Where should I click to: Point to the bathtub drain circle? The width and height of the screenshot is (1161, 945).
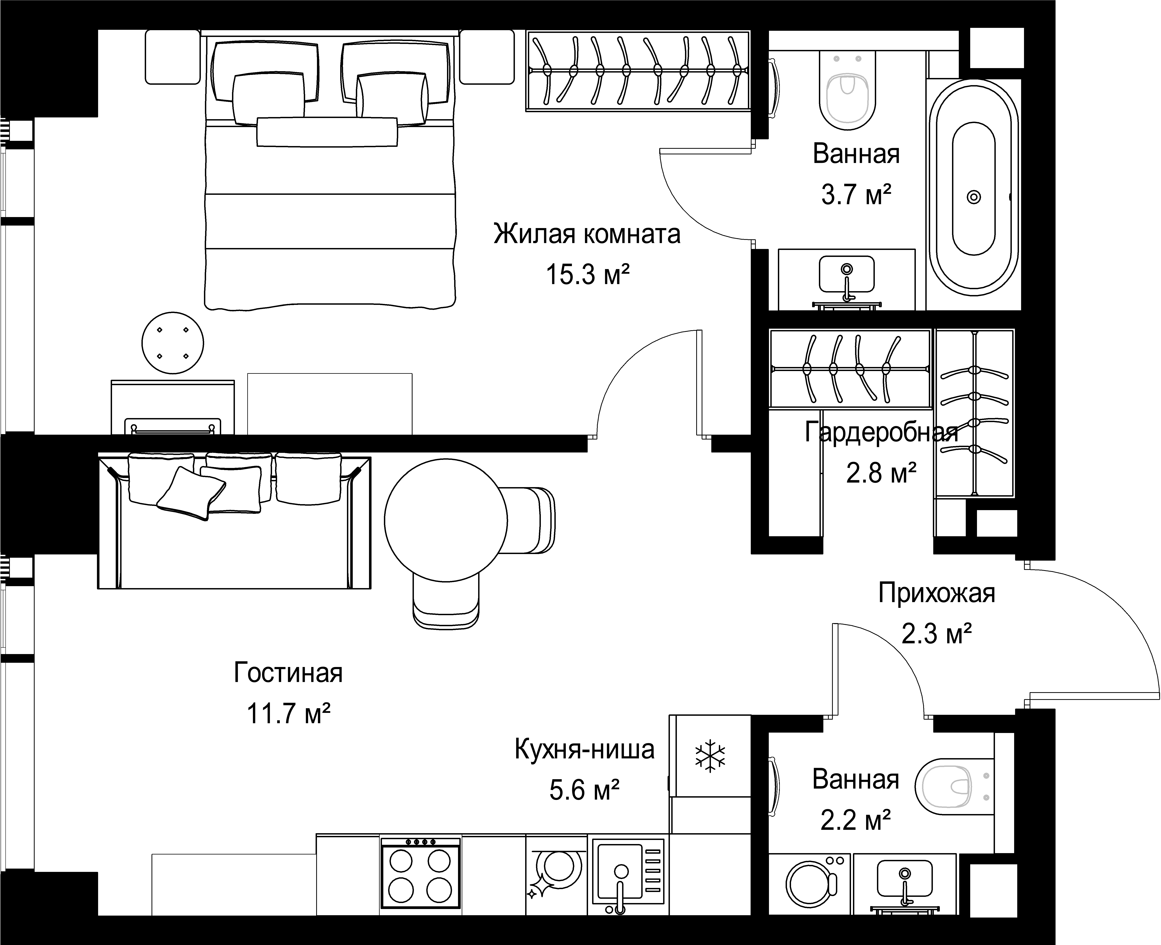coord(974,197)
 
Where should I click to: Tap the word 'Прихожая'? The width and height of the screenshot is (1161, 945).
coord(937,593)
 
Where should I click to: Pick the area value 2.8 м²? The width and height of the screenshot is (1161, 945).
coord(881,472)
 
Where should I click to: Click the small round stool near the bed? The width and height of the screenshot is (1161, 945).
coord(173,343)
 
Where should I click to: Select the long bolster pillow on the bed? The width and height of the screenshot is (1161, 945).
coord(327,132)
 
